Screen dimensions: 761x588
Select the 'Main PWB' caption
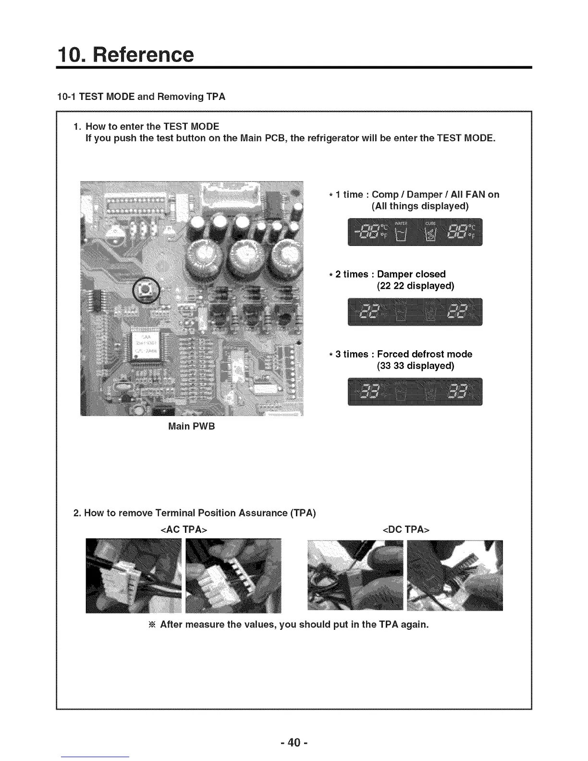tap(191, 426)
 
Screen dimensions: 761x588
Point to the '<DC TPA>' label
tap(405, 529)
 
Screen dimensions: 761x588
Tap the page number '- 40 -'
tap(294, 742)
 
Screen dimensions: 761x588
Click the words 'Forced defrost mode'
tap(424, 354)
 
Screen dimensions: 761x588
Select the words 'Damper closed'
tap(411, 274)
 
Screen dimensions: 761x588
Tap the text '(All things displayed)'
tap(420, 206)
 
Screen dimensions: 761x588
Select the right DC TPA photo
tap(454, 576)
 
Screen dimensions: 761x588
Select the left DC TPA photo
tap(355, 576)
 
